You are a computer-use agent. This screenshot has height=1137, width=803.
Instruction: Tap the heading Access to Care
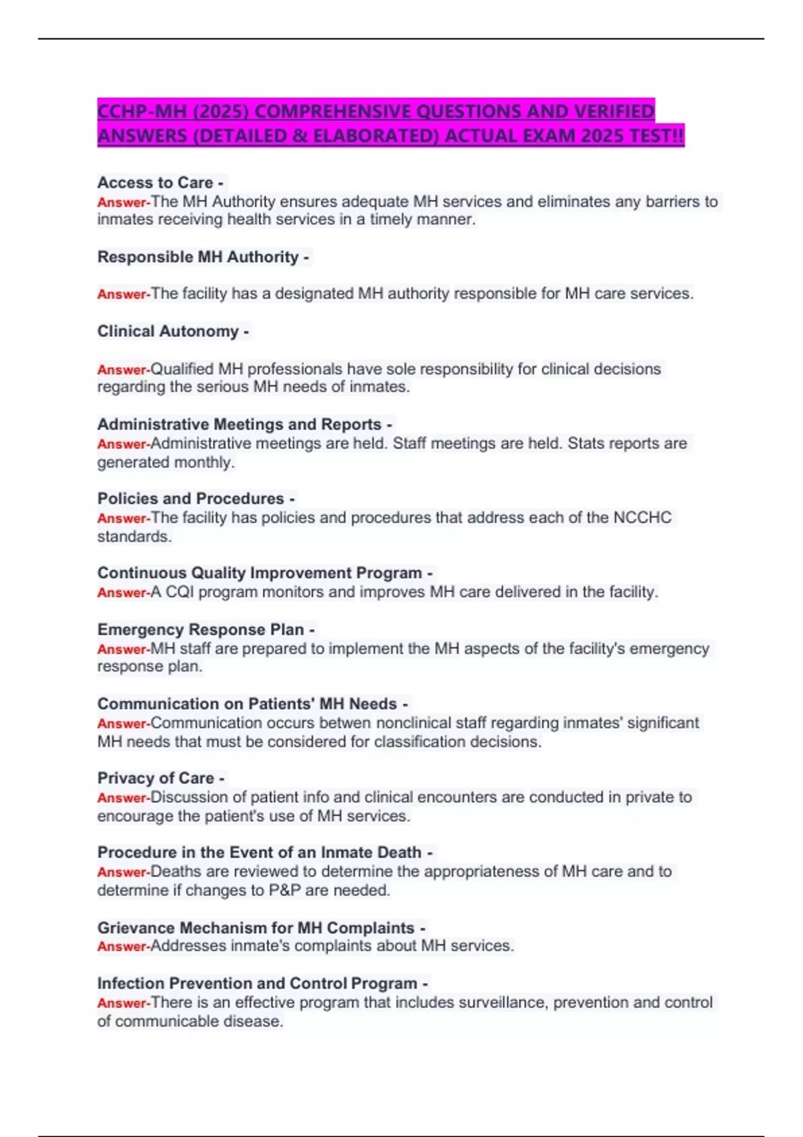click(x=155, y=183)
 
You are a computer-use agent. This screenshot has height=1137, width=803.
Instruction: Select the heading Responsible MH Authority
click(x=198, y=257)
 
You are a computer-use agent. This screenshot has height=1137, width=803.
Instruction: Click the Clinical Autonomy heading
click(x=168, y=331)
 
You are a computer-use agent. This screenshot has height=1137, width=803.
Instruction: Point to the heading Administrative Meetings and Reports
click(x=240, y=424)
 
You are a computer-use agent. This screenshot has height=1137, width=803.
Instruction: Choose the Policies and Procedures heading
click(x=191, y=498)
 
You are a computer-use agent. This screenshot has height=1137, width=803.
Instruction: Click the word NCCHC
click(x=642, y=518)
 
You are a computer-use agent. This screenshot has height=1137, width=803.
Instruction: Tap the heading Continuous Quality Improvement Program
click(x=260, y=573)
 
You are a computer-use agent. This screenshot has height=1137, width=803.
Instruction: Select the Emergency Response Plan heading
click(x=201, y=629)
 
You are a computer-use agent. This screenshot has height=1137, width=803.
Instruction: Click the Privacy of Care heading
click(x=156, y=778)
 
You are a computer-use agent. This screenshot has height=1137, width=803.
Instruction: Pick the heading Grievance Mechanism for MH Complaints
click(x=256, y=928)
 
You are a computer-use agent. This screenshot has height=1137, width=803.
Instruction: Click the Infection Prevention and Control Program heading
click(x=258, y=983)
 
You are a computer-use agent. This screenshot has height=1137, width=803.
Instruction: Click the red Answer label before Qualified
click(x=123, y=370)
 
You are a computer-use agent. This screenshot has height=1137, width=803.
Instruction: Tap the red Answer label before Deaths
click(x=123, y=872)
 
